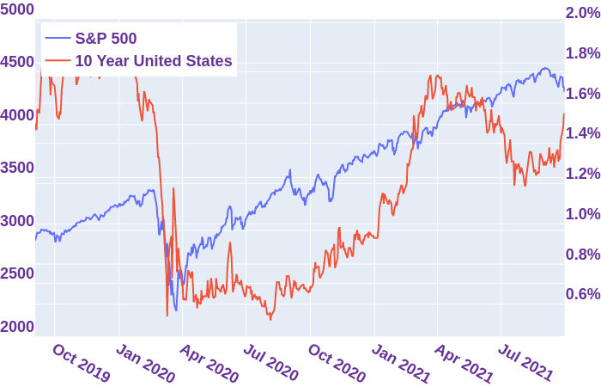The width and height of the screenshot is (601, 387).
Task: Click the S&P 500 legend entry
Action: [x=105, y=39]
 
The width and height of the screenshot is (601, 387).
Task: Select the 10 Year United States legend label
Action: [x=153, y=61]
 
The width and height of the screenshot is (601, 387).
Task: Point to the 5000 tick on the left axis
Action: [x=17, y=9]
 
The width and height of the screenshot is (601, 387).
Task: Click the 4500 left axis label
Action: [x=17, y=62]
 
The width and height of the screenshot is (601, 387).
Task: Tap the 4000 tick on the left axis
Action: [x=17, y=115]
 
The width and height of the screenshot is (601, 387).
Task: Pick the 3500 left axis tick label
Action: [x=17, y=168]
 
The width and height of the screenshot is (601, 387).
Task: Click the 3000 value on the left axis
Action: [x=17, y=221]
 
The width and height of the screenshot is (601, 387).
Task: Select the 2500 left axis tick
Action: [x=17, y=273]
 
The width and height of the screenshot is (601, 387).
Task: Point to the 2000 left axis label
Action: [x=17, y=327]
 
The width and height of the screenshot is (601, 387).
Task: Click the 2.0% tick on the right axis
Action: [x=581, y=13]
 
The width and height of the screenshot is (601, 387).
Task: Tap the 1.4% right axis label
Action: [x=581, y=133]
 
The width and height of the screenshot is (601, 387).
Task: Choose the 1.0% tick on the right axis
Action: [x=581, y=214]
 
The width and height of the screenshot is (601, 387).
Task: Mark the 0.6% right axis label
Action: [x=581, y=294]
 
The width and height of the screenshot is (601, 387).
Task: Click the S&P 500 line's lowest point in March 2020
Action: [x=176, y=310]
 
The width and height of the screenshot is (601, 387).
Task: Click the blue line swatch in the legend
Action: [x=58, y=39]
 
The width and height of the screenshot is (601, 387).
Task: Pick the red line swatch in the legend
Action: [x=58, y=61]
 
